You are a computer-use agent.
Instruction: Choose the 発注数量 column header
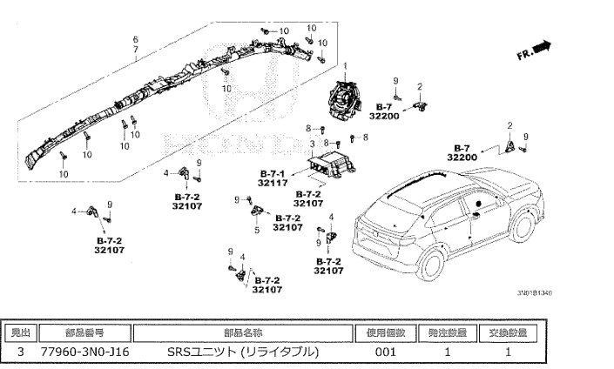coord(447,332)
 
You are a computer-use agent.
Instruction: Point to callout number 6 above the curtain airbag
coord(135,40)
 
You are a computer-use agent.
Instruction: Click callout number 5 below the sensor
coord(257,230)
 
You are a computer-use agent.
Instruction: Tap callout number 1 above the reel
coord(344,67)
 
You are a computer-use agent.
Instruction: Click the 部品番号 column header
coord(84,332)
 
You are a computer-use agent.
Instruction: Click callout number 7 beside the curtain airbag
coord(135,50)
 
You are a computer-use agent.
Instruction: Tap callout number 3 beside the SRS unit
coord(312,142)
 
